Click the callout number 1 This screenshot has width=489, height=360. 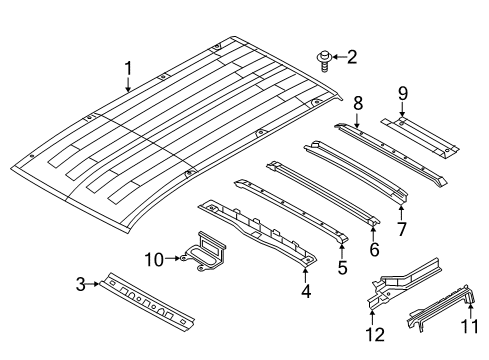(x=128, y=68)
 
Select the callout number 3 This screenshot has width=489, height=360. (x=80, y=283)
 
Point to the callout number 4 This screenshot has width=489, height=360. (x=305, y=292)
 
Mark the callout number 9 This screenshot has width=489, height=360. (x=402, y=95)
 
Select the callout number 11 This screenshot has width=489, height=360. (x=470, y=326)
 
